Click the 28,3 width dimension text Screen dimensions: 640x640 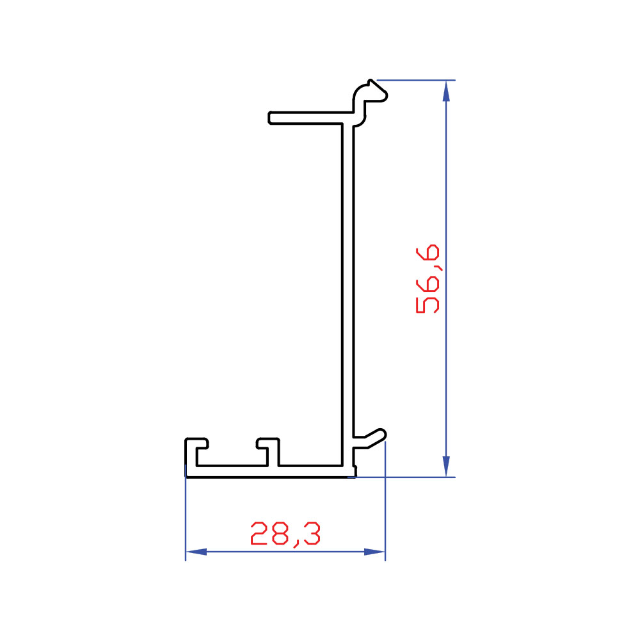[285, 534]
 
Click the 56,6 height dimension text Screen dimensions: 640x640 [428, 279]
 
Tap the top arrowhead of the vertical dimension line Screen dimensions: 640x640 [446, 91]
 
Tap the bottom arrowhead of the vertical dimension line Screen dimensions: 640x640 [446, 467]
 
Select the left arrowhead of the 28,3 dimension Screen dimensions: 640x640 [196, 552]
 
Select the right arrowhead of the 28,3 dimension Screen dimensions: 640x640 [374, 552]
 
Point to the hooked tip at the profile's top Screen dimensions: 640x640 [374, 91]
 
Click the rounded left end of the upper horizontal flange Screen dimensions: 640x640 [270, 118]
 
